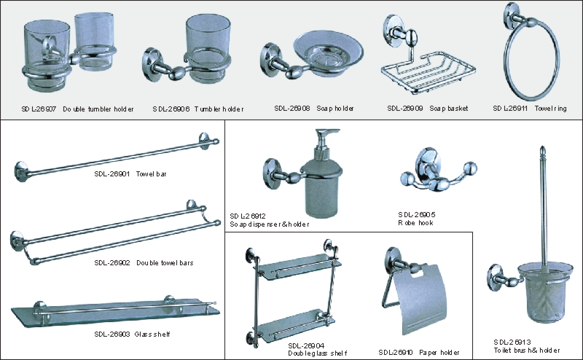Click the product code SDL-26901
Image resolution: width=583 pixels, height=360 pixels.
[x=112, y=173]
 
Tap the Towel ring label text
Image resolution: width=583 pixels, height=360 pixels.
[x=551, y=109]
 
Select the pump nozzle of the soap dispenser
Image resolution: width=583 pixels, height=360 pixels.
[x=327, y=133]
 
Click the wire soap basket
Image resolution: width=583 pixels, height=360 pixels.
[x=429, y=72]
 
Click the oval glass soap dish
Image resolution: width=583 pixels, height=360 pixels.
[x=329, y=52]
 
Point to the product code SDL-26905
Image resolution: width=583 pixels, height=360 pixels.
[x=416, y=214]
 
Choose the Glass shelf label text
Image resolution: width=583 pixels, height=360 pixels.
[x=152, y=334]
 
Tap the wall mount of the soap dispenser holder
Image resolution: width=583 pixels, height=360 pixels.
[x=272, y=171]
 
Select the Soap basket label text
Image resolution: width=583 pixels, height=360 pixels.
[x=449, y=109]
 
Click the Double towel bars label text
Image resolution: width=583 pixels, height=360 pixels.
[x=165, y=262]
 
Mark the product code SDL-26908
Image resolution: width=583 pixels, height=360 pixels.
[x=292, y=109]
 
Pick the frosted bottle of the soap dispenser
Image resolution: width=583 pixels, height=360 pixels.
[x=321, y=189]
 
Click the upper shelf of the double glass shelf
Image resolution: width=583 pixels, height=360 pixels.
[x=300, y=266]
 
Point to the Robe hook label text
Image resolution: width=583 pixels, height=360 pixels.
[x=415, y=223]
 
